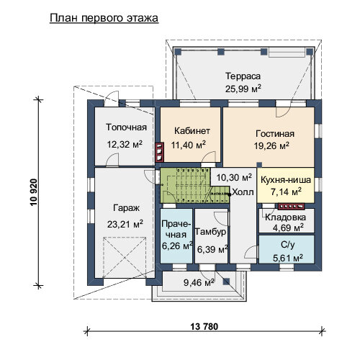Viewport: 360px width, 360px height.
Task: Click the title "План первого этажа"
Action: pyautogui.click(x=104, y=19)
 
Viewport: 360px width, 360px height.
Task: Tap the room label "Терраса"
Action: pyautogui.click(x=243, y=76)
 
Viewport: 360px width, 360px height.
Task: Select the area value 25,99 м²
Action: pyautogui.click(x=243, y=89)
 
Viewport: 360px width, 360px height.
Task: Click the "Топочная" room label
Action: pyautogui.click(x=126, y=127)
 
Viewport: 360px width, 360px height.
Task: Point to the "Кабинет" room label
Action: pyautogui.click(x=192, y=131)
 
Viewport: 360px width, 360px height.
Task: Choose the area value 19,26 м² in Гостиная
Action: pyautogui.click(x=271, y=145)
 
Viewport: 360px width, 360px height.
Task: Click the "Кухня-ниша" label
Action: pyautogui.click(x=286, y=180)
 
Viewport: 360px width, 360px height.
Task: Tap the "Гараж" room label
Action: pyautogui.click(x=126, y=208)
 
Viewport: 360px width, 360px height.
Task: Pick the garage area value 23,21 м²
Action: pyautogui.click(x=125, y=224)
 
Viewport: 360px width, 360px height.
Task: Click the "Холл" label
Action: pyautogui.click(x=243, y=192)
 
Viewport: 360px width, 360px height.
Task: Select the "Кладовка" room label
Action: pyautogui.click(x=285, y=217)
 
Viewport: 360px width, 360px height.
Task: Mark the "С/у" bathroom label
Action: pyautogui.click(x=288, y=245)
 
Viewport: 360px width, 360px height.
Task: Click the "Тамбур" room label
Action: pyautogui.click(x=210, y=232)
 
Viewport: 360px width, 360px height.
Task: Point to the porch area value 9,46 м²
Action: pyautogui.click(x=199, y=282)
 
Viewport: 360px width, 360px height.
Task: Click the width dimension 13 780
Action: pyautogui.click(x=204, y=326)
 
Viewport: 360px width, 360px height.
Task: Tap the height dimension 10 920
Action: pyautogui.click(x=34, y=192)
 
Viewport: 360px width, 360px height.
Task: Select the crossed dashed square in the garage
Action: pyautogui.click(x=125, y=258)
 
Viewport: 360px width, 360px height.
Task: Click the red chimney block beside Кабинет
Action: pyautogui.click(x=160, y=152)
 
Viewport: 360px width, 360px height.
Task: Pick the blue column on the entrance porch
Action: pyautogui.click(x=227, y=282)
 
